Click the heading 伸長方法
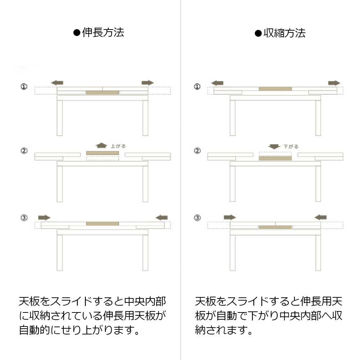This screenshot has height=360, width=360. (x=103, y=32)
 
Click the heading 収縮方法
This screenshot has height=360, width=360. (x=284, y=33)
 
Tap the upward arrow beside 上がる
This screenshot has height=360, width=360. (x=101, y=145)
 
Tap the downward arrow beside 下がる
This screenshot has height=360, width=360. (x=274, y=147)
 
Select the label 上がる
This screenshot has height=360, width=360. (x=118, y=146)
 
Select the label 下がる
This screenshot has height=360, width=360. (x=291, y=147)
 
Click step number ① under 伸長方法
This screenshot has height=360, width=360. (x=24, y=86)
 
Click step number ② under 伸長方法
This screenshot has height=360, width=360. (x=24, y=150)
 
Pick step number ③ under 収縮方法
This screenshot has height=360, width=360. (x=197, y=218)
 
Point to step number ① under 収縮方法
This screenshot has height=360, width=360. (x=197, y=86)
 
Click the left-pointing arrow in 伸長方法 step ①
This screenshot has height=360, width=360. (x=57, y=83)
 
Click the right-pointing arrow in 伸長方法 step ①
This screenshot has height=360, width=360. (x=148, y=83)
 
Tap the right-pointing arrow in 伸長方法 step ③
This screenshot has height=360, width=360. (x=44, y=217)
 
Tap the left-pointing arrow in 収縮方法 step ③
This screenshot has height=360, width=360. (x=320, y=217)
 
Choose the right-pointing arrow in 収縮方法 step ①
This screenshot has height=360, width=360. (x=334, y=83)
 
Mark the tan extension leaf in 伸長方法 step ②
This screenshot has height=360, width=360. (x=102, y=153)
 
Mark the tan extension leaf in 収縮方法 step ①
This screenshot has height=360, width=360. (x=275, y=89)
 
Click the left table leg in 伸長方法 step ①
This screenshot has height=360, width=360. (x=60, y=118)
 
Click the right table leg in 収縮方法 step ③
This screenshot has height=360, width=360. (x=318, y=253)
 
